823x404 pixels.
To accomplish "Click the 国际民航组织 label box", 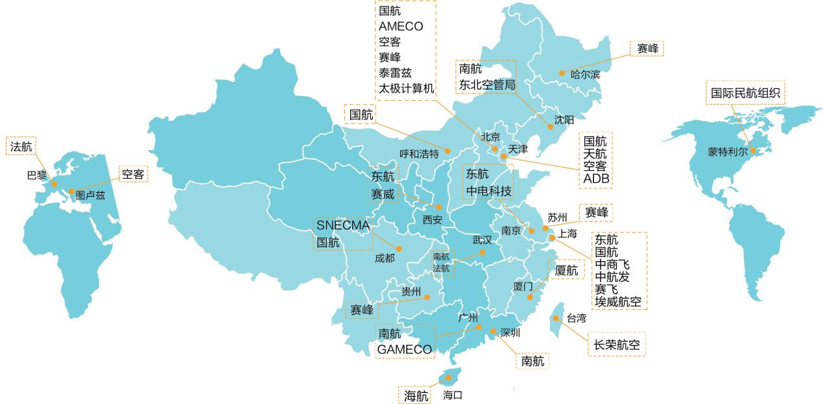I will click(745, 93).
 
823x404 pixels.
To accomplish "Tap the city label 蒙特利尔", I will click(728, 152).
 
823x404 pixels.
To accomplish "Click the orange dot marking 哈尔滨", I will click(562, 73).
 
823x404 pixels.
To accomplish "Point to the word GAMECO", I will click(405, 349).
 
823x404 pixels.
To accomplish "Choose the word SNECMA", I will click(342, 225).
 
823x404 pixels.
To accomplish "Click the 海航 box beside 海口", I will click(416, 395).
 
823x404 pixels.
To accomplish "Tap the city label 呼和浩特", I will click(419, 155).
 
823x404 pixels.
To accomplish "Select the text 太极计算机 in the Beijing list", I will click(407, 88).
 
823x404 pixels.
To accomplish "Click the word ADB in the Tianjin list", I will click(597, 179).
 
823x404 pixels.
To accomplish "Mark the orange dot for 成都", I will click(399, 249).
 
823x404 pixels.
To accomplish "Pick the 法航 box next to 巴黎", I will click(21, 147).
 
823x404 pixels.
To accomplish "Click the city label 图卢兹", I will click(90, 195).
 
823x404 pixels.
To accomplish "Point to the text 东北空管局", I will click(487, 85).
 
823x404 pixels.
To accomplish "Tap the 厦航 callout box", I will click(566, 270).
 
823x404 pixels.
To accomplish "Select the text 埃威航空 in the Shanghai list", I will click(620, 301).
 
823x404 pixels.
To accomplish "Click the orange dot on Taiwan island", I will click(556, 318).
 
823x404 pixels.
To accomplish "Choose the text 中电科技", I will click(489, 192).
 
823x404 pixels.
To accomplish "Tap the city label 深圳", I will click(510, 333).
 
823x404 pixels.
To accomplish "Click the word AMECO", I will click(401, 26).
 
